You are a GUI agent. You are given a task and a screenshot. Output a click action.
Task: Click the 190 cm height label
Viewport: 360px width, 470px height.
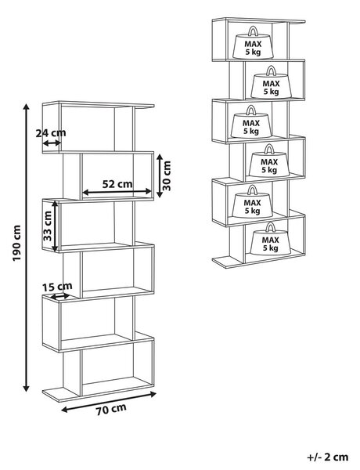[16, 243]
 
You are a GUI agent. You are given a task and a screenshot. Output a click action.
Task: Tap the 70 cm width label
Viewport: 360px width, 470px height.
[111, 410]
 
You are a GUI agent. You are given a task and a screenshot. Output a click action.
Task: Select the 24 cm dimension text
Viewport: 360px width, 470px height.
[51, 133]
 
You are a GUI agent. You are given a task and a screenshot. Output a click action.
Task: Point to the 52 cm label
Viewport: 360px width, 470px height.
[117, 184]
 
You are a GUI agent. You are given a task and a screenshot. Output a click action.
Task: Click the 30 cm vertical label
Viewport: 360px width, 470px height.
[167, 175]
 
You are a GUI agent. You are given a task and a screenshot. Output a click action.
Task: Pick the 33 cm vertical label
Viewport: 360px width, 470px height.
[47, 226]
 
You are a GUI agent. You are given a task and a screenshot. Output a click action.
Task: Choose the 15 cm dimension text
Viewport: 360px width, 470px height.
[57, 287]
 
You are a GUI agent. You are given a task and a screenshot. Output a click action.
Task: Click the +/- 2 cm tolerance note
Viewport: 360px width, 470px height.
[327, 457]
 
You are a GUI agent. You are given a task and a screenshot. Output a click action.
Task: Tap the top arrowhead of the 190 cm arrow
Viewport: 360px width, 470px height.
[27, 107]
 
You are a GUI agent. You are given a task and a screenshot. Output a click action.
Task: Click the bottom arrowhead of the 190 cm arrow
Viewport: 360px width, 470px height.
[27, 389]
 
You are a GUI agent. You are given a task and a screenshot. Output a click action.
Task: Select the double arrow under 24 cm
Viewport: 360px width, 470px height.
[52, 143]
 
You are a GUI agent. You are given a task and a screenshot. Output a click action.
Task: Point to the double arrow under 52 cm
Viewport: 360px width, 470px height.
[117, 192]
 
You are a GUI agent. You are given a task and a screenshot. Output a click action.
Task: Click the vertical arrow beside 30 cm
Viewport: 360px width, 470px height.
[160, 175]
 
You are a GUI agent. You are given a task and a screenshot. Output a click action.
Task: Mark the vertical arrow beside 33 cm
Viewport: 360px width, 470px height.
[55, 226]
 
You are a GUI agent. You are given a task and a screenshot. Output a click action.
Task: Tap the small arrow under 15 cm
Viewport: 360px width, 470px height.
[60, 296]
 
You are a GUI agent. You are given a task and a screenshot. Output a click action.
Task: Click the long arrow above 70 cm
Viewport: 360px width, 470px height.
[109, 402]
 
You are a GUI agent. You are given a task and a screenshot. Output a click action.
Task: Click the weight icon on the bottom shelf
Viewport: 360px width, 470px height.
[270, 239]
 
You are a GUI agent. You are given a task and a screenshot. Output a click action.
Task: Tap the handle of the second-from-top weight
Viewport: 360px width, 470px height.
[271, 71]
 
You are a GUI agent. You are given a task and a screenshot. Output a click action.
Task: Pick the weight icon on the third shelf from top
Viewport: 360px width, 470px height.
[251, 121]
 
